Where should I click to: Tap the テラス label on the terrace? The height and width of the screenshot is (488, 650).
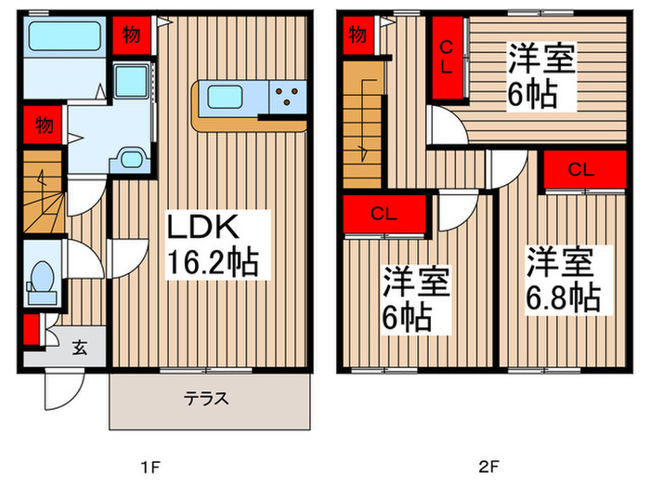[x=206, y=399]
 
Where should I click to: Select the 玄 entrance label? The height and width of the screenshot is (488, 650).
[x=79, y=348]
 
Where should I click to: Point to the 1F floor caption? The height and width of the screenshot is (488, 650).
[x=150, y=468]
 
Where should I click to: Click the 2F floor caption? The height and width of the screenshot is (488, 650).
[x=488, y=468]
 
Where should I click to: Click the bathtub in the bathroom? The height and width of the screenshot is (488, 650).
[x=65, y=36]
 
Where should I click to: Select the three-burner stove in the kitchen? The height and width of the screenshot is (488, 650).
[x=288, y=97]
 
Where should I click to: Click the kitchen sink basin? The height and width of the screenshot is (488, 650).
[x=225, y=97]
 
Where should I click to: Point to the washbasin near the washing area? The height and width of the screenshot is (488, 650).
[x=131, y=159]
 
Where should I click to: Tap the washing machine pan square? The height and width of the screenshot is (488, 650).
[x=131, y=81]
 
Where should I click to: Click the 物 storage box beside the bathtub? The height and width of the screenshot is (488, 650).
[x=132, y=35]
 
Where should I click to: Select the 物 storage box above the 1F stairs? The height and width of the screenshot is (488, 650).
[x=43, y=125]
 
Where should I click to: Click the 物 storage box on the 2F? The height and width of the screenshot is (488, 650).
[x=357, y=35]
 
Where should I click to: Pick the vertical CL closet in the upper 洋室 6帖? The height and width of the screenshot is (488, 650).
[x=448, y=58]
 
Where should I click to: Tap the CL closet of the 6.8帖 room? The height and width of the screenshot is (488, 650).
[x=584, y=169]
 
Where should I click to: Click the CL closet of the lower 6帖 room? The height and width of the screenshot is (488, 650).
[x=384, y=214]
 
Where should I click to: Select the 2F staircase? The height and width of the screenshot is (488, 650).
[x=363, y=125]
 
